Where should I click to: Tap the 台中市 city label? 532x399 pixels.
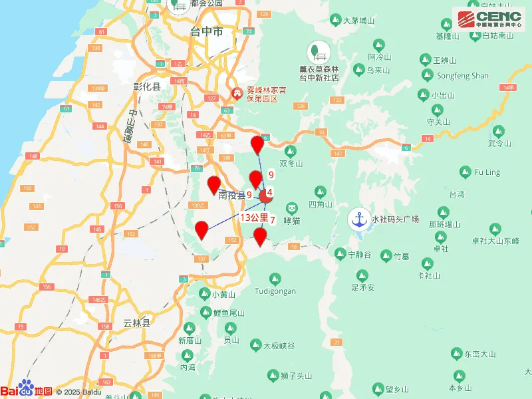point(206,31)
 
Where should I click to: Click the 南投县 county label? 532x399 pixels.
point(232,196)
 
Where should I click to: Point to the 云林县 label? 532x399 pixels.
point(137,323)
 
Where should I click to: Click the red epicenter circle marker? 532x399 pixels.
point(266,196)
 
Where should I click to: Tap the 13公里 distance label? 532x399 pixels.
point(254,217)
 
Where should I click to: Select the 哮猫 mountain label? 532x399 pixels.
point(291,220)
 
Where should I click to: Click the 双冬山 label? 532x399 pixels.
point(291,164)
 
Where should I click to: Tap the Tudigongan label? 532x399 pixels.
point(275,291)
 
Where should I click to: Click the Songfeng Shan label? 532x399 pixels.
point(462,76)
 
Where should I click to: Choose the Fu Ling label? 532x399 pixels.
point(487,172)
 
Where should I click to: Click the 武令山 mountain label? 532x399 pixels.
point(499,143)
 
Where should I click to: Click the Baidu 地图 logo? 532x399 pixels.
point(27,390)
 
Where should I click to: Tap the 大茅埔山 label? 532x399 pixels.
point(359,21)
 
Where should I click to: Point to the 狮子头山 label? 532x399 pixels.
point(296,376)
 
